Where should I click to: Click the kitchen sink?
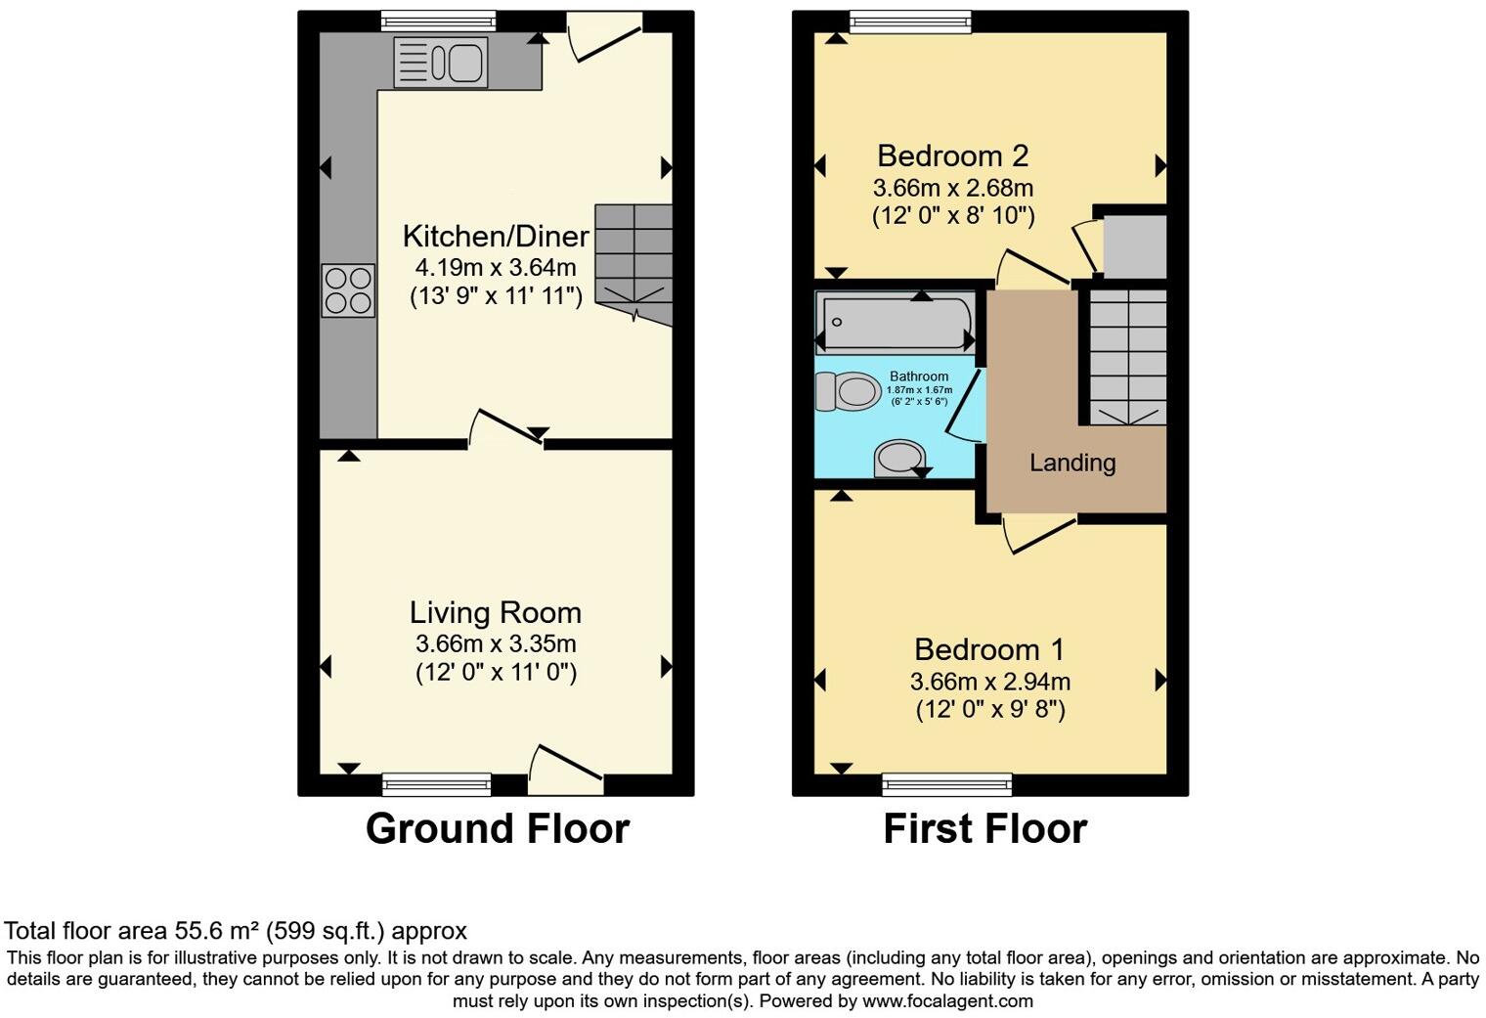pos(440,62)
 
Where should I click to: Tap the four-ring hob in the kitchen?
pos(348,290)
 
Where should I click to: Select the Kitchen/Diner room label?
pos(496,237)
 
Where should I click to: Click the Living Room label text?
pos(496,613)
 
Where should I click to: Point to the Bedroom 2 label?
pos(952,156)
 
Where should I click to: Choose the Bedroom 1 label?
pos(989,650)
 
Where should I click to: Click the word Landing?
pos(1072,463)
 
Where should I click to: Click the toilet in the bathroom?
pos(848,392)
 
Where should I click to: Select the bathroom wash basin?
pos(899,458)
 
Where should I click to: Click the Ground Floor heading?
pos(497,828)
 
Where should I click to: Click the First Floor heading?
pos(984,828)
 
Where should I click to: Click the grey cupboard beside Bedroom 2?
pos(1134,246)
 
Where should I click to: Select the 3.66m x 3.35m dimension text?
pos(496,644)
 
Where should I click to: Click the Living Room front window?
pos(436,782)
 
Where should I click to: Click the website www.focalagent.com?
pos(946,1001)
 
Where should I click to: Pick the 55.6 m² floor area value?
pos(218,931)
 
